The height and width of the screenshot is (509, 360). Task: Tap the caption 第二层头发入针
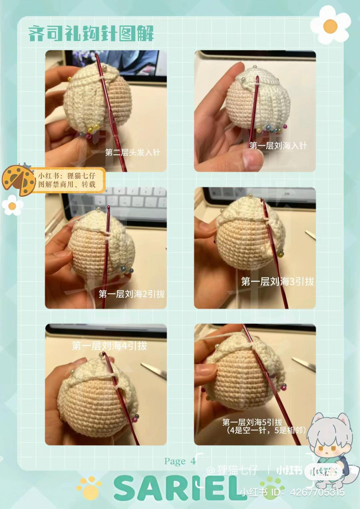[x=132, y=153]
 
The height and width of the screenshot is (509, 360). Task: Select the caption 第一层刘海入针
[x=278, y=146]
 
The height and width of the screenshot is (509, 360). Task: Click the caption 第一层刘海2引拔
[x=131, y=294]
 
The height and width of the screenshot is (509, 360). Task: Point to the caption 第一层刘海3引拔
[x=277, y=282]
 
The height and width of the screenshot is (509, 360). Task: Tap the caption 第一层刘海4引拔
[x=109, y=345]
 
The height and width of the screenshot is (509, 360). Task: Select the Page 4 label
[x=180, y=461]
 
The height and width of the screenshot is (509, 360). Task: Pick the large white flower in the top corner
[x=330, y=25]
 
